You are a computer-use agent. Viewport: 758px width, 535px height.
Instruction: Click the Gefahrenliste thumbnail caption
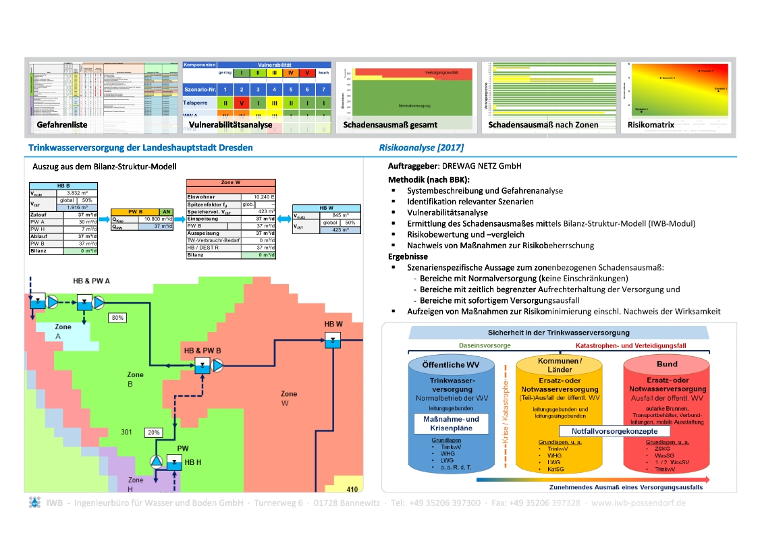coord(61,125)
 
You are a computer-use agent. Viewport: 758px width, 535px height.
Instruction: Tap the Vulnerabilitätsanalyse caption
coord(230,125)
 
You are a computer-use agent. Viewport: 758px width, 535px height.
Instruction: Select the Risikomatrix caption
coord(651,125)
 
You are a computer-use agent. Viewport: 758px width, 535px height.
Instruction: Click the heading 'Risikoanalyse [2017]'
coord(421,147)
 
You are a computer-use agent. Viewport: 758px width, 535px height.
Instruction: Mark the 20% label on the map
coord(154,432)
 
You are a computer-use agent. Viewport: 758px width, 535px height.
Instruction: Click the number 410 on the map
coord(352,489)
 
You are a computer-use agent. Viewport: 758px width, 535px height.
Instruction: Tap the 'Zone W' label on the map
coord(289,398)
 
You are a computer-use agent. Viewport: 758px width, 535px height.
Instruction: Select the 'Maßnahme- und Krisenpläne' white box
coord(445,424)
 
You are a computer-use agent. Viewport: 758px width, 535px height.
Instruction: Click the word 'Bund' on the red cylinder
coord(667,364)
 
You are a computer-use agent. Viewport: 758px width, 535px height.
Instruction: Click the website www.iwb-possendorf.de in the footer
coord(639,503)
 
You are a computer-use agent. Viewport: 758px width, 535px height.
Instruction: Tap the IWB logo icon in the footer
coord(35,503)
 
